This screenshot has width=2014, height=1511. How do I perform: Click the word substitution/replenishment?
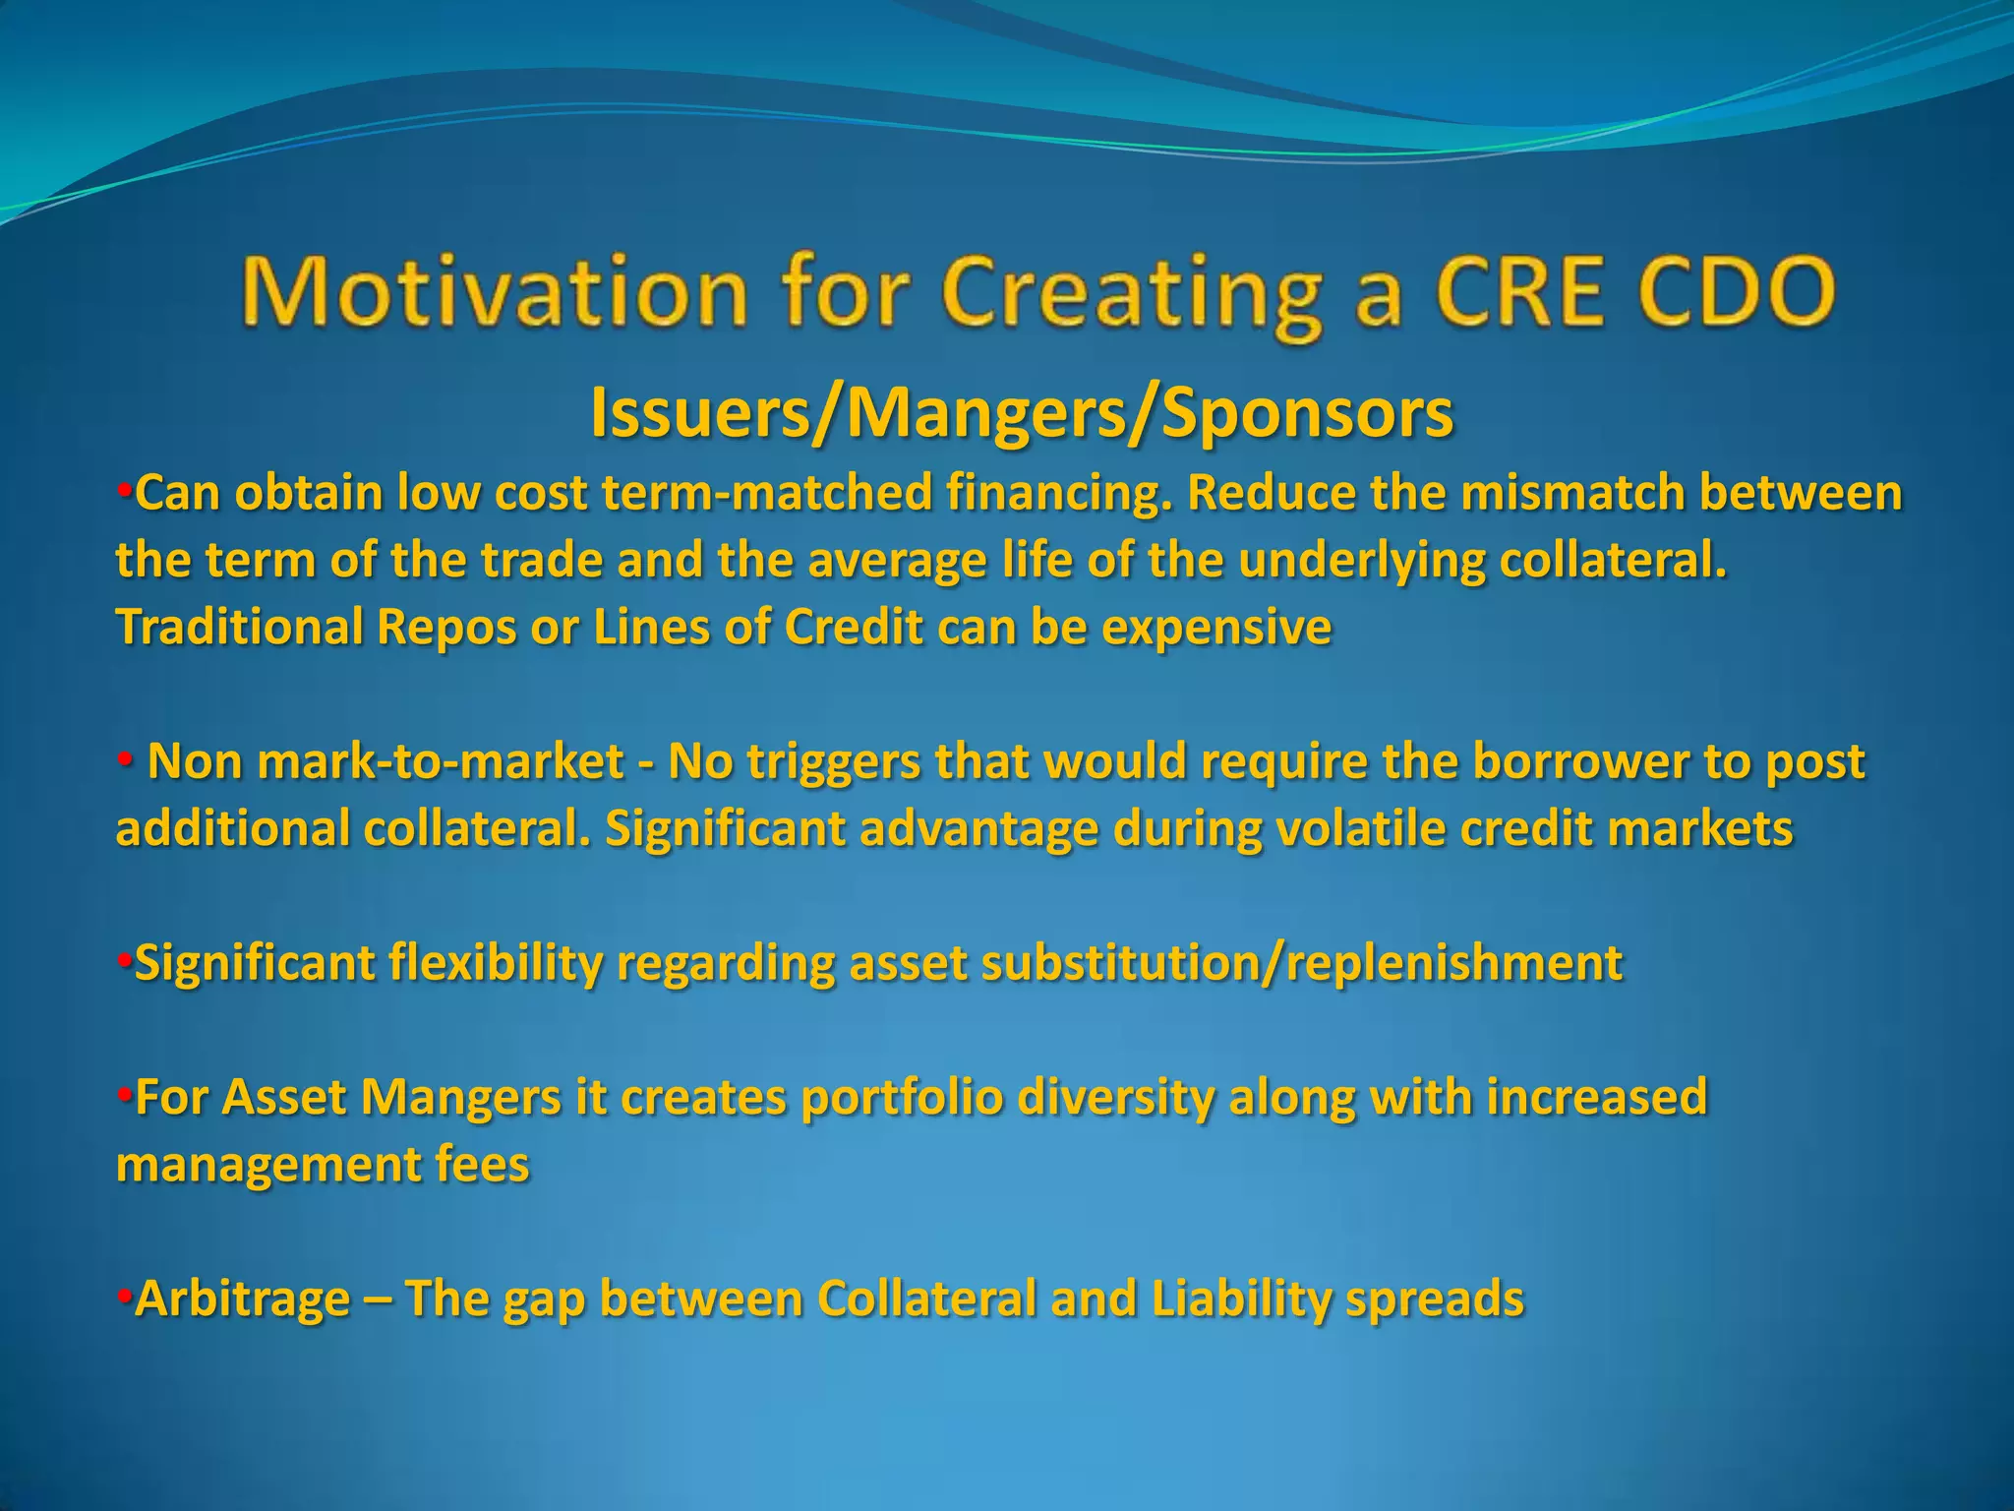1302,962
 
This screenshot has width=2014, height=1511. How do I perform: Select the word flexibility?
496,962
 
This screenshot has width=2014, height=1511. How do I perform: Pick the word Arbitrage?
242,1299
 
